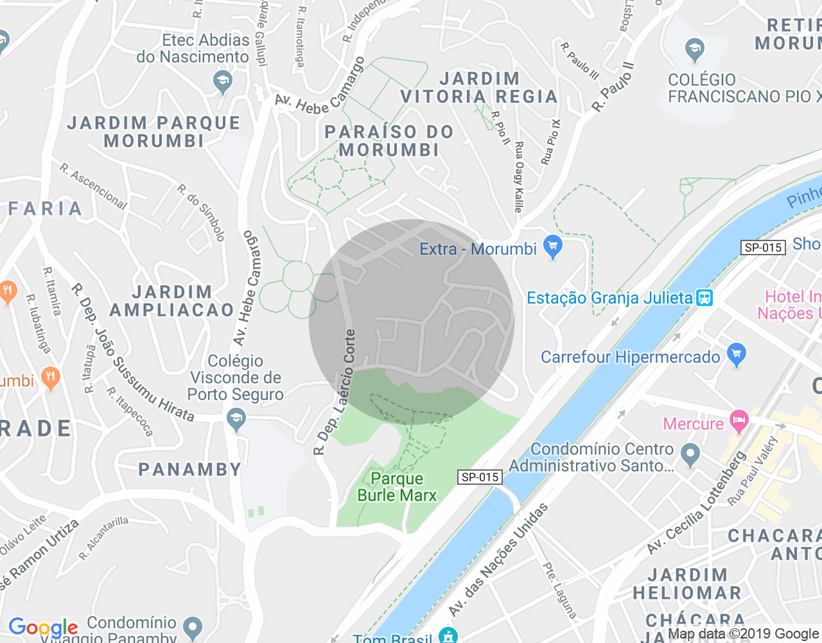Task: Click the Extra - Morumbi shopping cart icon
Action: (x=552, y=246)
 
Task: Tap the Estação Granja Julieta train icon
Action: (x=704, y=298)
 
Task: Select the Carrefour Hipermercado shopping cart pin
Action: (x=737, y=354)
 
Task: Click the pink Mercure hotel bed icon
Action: (x=739, y=421)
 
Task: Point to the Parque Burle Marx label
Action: (x=397, y=487)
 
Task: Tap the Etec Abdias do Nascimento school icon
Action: (x=222, y=81)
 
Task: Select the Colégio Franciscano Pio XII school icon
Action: (x=694, y=49)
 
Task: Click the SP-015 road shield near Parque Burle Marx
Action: (x=480, y=477)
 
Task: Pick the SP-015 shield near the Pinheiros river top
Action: (x=763, y=248)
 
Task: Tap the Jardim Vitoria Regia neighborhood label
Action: (x=479, y=87)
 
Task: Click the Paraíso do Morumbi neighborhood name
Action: (x=389, y=141)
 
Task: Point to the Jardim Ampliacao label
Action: (x=172, y=302)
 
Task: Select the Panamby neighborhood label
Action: (x=190, y=469)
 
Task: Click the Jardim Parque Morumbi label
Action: (x=154, y=132)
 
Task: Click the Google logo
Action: (x=43, y=628)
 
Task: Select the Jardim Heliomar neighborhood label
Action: (x=687, y=584)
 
